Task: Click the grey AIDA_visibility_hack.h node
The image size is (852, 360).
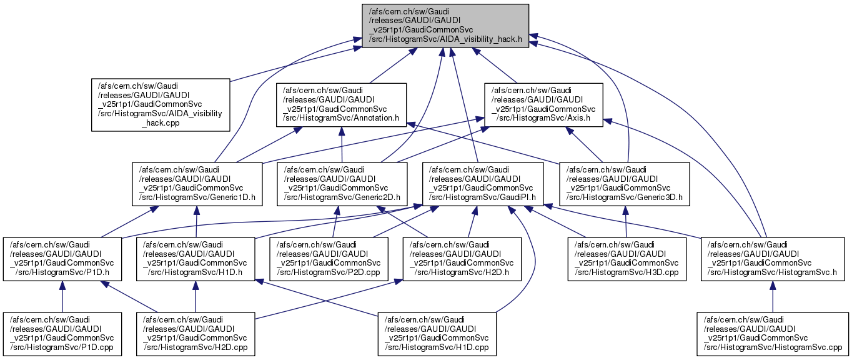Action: coord(441,25)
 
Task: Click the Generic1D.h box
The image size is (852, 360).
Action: coord(197,184)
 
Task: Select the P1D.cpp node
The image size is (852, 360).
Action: coord(62,334)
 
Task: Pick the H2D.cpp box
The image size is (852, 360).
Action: coord(197,334)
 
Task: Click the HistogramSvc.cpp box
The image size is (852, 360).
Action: coord(773,334)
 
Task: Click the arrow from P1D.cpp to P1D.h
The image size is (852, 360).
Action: coord(62,297)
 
